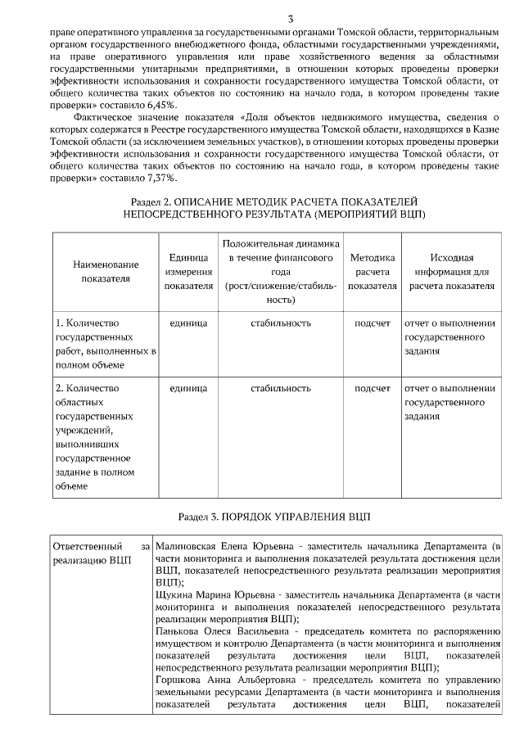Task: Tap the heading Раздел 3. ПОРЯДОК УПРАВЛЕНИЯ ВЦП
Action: (273, 517)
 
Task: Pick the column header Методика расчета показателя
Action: (372, 271)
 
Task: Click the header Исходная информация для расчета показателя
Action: (452, 271)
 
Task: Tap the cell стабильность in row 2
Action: (281, 388)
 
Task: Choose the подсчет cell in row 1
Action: (372, 323)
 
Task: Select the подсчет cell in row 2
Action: (372, 388)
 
